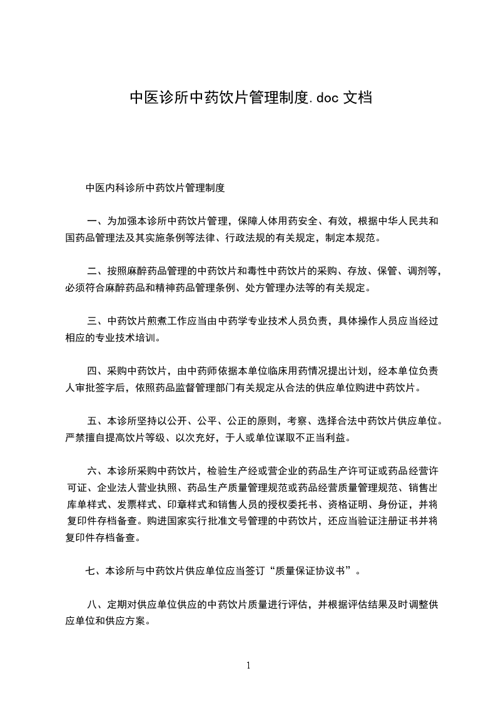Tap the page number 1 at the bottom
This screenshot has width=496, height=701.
248,665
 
